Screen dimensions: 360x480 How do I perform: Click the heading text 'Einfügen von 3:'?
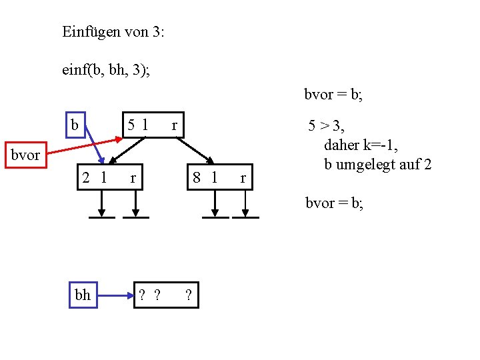[x=113, y=31]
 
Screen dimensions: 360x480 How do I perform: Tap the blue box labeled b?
[x=75, y=125]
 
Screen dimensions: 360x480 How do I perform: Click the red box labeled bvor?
[x=25, y=155]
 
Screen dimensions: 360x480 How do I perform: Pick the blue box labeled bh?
[x=83, y=295]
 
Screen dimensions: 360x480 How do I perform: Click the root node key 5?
[x=132, y=124]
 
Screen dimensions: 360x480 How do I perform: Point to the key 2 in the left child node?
[x=86, y=177]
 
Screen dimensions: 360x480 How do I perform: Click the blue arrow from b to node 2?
[x=94, y=145]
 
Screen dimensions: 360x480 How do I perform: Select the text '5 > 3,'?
[x=326, y=125]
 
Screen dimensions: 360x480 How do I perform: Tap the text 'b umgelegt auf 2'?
[x=377, y=164]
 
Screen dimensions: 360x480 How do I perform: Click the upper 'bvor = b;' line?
[x=333, y=95]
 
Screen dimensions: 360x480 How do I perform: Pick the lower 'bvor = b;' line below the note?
[x=334, y=203]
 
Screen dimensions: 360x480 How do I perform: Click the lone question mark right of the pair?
[x=189, y=295]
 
